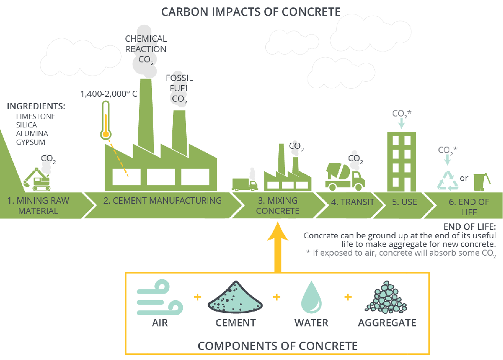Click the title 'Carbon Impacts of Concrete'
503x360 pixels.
251,11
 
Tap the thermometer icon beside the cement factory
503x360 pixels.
105,120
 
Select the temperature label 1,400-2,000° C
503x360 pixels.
109,94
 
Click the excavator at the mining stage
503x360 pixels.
38,179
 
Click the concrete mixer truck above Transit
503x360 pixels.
345,175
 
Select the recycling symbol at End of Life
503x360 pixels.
448,181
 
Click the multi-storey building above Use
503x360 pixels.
401,161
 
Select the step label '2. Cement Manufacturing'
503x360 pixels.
163,201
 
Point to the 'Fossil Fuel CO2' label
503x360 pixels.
179,89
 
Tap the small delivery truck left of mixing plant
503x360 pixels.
245,184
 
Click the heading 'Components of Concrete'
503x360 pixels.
277,346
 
